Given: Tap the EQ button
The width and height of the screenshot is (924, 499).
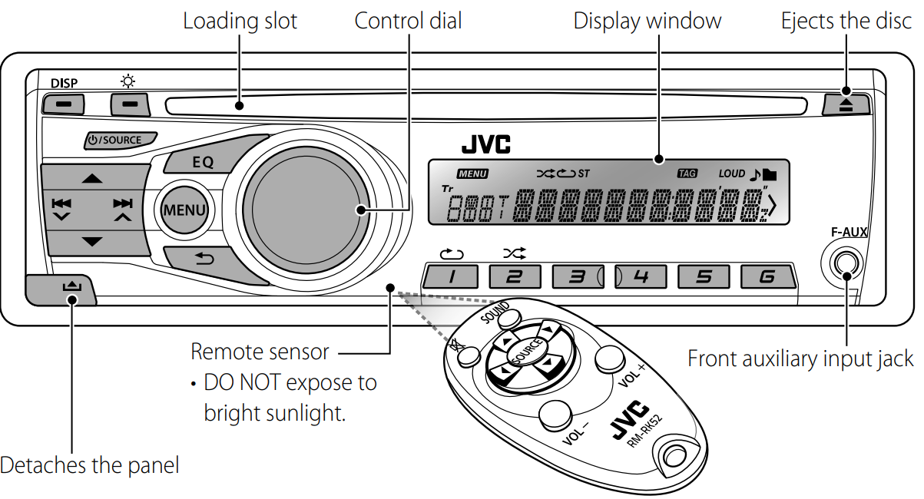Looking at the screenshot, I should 203,162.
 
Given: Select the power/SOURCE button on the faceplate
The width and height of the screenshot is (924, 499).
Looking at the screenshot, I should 120,140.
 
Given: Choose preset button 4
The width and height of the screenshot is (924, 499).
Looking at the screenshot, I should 639,276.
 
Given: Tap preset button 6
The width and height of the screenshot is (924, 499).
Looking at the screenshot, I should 766,276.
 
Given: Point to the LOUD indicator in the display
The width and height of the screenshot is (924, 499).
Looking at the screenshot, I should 731,173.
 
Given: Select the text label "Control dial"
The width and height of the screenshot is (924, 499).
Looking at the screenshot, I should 408,21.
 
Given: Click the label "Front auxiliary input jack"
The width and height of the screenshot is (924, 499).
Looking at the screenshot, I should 800,359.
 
